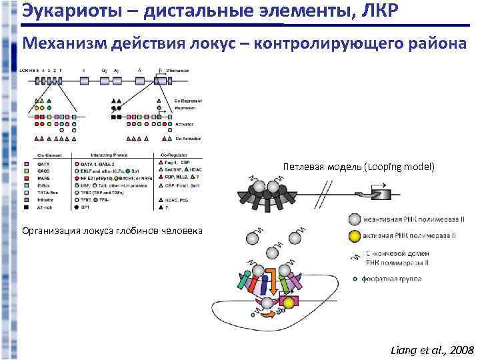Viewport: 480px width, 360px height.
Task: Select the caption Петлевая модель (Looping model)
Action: tap(358, 166)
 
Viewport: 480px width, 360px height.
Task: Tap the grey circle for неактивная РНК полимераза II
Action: tap(353, 219)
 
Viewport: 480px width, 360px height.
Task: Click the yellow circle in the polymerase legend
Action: tap(353, 235)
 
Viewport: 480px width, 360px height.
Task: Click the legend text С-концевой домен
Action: tap(396, 253)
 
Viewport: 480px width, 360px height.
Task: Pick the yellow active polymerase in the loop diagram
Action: tap(289, 304)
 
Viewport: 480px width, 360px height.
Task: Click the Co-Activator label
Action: tap(189, 138)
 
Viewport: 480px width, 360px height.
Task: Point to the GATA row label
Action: tap(43, 163)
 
